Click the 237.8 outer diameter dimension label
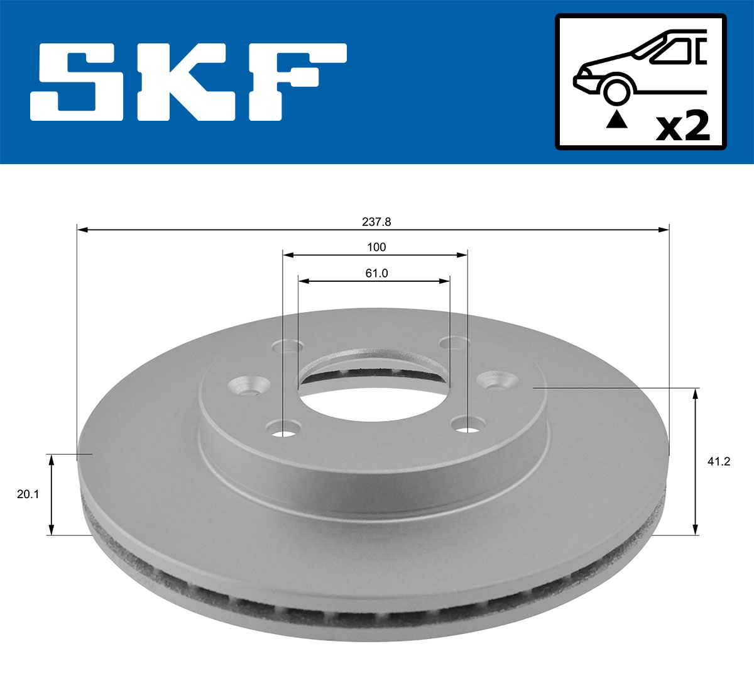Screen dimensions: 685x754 point(376,221)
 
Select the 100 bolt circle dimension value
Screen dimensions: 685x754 point(376,247)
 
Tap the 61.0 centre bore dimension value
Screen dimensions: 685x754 point(376,273)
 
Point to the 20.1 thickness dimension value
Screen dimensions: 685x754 point(28,494)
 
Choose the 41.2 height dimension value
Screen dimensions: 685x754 point(719,461)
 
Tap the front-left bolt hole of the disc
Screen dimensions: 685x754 point(284,432)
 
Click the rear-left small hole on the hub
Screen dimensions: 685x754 point(288,345)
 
